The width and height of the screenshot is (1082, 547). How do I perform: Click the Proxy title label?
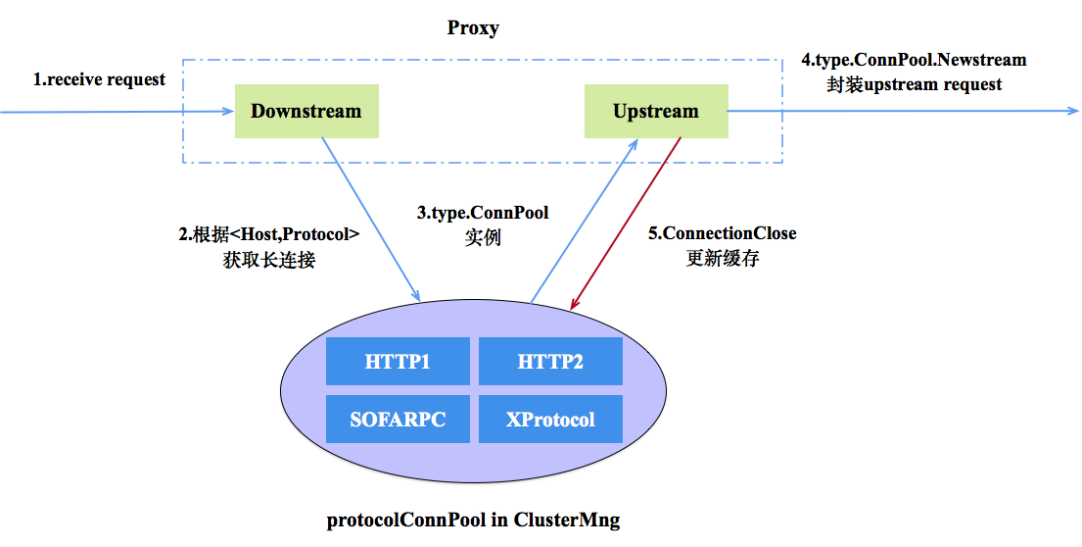click(473, 27)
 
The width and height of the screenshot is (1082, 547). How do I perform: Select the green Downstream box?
click(306, 111)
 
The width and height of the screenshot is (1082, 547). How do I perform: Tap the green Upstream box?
click(656, 111)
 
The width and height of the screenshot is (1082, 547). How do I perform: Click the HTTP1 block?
click(398, 362)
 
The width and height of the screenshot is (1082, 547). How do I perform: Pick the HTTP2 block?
click(550, 362)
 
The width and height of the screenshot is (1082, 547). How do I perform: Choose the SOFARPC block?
click(398, 420)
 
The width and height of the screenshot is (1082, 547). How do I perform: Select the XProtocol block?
click(550, 420)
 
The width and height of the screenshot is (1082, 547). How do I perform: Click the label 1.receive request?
click(99, 79)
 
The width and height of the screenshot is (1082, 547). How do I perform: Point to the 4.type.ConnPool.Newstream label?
click(914, 72)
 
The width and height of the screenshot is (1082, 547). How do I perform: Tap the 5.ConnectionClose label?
click(724, 245)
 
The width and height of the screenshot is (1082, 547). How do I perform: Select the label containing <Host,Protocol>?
click(269, 247)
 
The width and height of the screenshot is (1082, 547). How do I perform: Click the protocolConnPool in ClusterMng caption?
click(473, 520)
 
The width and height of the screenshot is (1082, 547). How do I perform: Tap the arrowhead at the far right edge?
click(1072, 111)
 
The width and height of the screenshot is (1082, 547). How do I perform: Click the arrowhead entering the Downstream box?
click(227, 111)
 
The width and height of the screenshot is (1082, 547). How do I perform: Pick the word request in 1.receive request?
click(132, 79)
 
